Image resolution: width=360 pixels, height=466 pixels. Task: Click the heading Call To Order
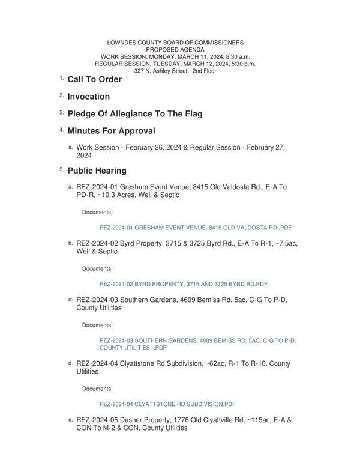(x=94, y=79)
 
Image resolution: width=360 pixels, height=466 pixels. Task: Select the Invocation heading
(x=88, y=97)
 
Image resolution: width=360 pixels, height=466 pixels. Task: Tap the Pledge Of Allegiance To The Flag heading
(x=134, y=113)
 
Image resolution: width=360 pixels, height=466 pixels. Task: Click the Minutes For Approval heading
(x=111, y=131)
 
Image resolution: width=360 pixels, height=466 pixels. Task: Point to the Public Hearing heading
(x=97, y=171)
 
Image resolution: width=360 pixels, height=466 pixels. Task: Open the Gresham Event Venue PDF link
(x=196, y=228)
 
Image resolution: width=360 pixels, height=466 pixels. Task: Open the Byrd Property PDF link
(x=183, y=284)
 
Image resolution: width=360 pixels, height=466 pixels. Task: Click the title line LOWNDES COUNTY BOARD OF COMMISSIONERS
(x=175, y=43)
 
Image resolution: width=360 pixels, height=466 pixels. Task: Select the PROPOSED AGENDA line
(x=175, y=50)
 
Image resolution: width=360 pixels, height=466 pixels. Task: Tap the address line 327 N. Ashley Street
(x=175, y=71)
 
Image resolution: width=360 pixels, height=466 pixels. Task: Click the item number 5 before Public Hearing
(x=61, y=170)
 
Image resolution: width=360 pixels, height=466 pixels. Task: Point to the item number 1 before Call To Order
(x=61, y=79)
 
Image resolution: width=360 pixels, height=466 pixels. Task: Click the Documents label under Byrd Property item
(x=97, y=268)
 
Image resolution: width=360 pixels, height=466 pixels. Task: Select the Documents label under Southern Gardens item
(x=97, y=325)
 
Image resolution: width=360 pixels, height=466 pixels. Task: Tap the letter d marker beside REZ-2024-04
(x=70, y=363)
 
